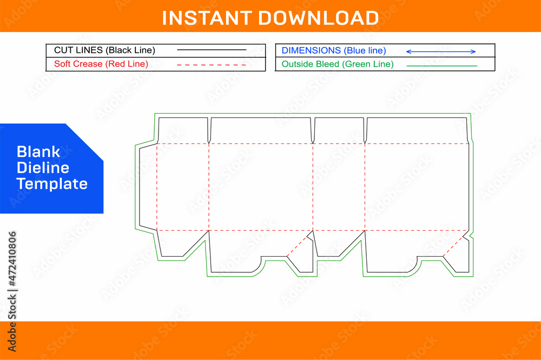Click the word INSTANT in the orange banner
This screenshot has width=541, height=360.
click(207, 18)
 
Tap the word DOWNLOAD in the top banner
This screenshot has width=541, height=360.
click(318, 18)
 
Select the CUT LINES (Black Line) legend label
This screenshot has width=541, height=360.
click(104, 50)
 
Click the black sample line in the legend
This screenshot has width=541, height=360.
click(212, 50)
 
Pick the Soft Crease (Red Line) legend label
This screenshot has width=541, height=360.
click(101, 64)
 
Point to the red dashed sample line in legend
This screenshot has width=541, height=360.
click(212, 64)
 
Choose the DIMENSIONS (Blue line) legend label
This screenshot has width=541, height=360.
click(334, 50)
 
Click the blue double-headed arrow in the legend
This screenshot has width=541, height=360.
click(441, 51)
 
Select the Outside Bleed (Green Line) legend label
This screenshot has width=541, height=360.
click(338, 64)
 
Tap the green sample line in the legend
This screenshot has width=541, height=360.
click(441, 66)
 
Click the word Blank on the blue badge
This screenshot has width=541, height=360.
click(38, 152)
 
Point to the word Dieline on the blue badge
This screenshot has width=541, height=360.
click(43, 167)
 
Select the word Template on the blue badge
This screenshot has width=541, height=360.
click(52, 184)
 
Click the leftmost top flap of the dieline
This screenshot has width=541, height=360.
click(182, 130)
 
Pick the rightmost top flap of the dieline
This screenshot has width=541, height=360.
click(417, 130)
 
